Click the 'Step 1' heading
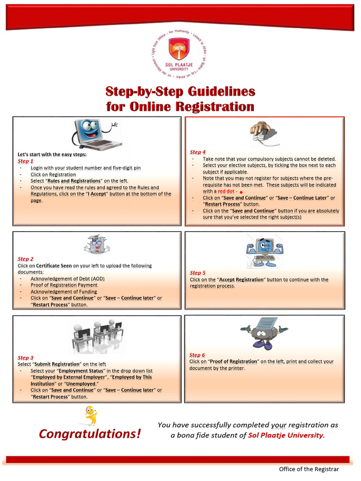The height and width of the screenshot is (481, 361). coord(25,161)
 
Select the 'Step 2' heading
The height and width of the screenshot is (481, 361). coord(25,259)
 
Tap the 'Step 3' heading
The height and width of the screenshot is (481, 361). coord(25,357)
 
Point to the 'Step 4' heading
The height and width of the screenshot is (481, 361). coord(198,152)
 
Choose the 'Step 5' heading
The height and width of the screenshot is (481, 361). coord(197,273)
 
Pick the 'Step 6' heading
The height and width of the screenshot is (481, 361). coord(197,355)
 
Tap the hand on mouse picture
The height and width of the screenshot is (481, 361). coord(264,132)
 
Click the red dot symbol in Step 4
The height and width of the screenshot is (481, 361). coord(241,192)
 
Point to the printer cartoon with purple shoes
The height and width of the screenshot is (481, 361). coord(263,333)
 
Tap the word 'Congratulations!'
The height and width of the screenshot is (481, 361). coord(90,434)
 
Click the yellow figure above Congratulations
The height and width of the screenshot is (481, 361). coord(90,416)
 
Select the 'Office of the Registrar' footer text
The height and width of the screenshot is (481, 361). coord(308,469)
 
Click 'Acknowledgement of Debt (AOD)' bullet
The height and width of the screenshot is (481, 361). coord(67,279)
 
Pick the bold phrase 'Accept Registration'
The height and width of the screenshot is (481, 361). coord(242,279)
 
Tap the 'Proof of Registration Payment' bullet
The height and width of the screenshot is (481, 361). coord(64,285)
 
